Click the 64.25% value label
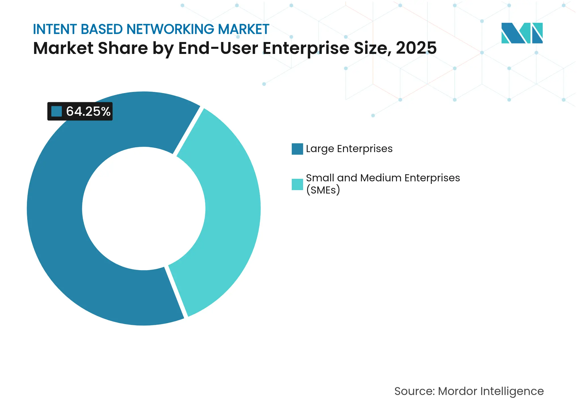coord(88,111)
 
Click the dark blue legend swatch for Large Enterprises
coord(297,149)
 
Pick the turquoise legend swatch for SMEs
coord(297,184)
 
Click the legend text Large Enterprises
coord(349,149)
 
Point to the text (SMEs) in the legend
coord(323,190)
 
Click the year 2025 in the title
coord(416,48)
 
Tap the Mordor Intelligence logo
coord(522,33)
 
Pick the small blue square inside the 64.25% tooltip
coord(56,111)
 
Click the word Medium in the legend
coord(381,178)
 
